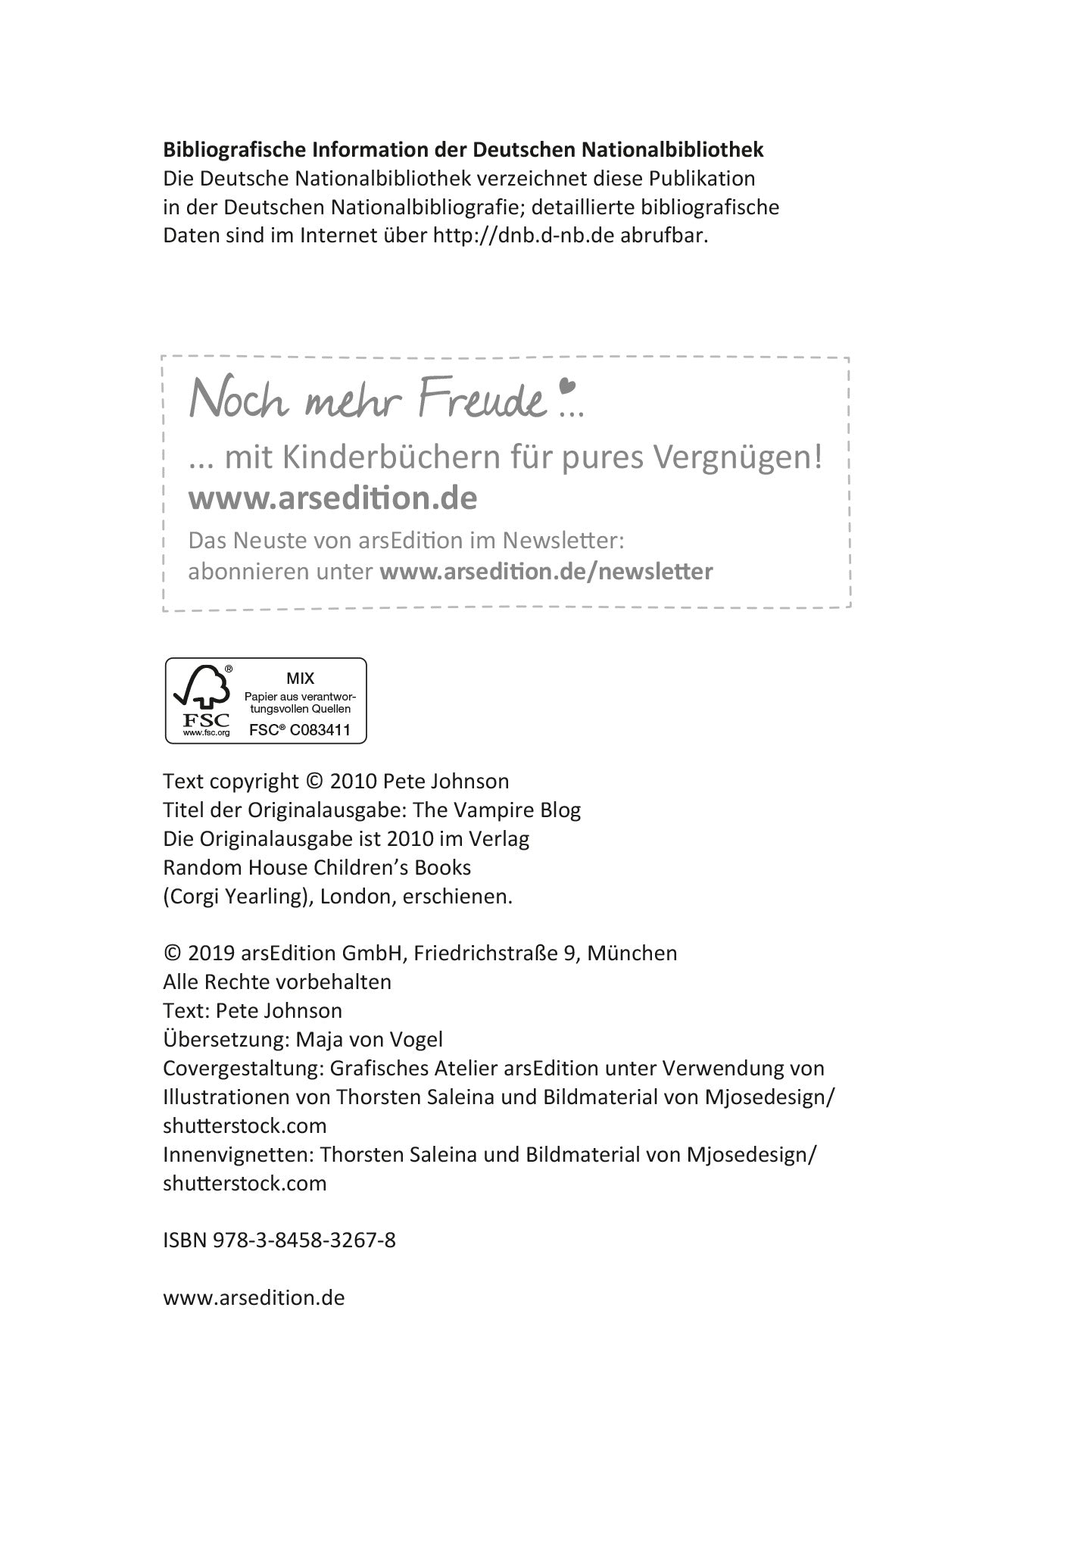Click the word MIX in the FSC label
(300, 679)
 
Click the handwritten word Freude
(482, 400)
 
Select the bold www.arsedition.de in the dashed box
(332, 498)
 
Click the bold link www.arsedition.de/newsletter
(546, 571)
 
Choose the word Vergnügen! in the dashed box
(737, 457)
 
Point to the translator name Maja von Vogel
(369, 1039)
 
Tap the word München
(632, 953)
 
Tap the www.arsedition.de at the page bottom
(254, 1297)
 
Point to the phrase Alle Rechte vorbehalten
(277, 981)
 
